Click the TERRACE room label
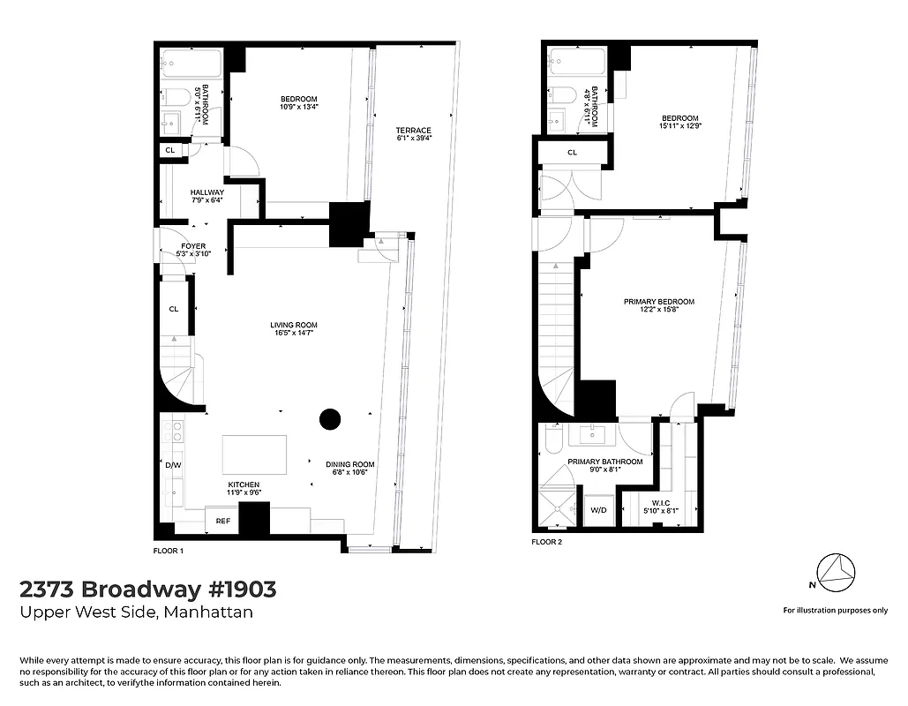pos(413,130)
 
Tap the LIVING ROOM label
pos(293,326)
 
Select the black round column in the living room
pos(330,420)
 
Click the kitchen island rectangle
pos(255,454)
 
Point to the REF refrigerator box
pos(222,522)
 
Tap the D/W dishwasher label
pos(173,464)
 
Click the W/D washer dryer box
pos(597,510)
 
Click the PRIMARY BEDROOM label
pos(658,302)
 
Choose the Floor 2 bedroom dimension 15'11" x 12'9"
pos(680,126)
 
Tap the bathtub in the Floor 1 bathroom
pos(190,65)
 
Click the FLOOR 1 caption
pos(169,551)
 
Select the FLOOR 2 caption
pos(546,542)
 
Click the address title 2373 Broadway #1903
pos(147,589)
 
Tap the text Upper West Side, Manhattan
pos(136,612)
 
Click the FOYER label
pos(193,247)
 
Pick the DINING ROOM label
pos(350,464)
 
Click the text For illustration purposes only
pos(835,610)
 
